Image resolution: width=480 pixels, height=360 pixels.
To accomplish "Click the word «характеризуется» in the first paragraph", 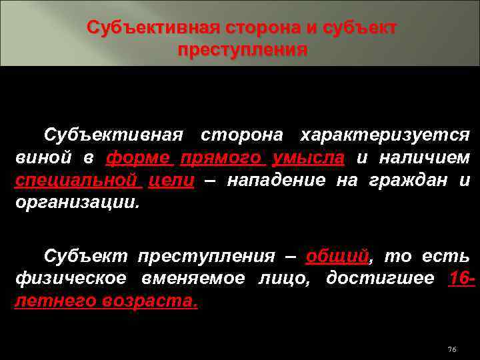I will [x=385, y=135].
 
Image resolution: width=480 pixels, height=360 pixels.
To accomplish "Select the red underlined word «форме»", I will [x=138, y=158].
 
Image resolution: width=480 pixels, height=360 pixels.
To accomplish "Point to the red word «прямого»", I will [x=223, y=158].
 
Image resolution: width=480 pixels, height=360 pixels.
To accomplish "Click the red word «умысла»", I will [x=309, y=158].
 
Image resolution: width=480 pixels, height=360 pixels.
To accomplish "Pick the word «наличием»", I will [x=425, y=158].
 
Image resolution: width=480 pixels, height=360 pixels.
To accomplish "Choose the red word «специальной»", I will [x=76, y=181].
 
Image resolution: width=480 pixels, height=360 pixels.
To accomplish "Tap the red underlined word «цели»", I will [x=171, y=181].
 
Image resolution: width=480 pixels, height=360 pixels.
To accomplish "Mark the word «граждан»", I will [x=401, y=181].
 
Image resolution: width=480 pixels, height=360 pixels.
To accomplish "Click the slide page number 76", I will [x=451, y=350].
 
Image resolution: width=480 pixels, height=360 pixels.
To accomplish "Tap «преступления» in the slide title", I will [x=243, y=51].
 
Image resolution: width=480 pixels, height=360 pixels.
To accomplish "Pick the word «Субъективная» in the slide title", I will [x=153, y=29].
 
